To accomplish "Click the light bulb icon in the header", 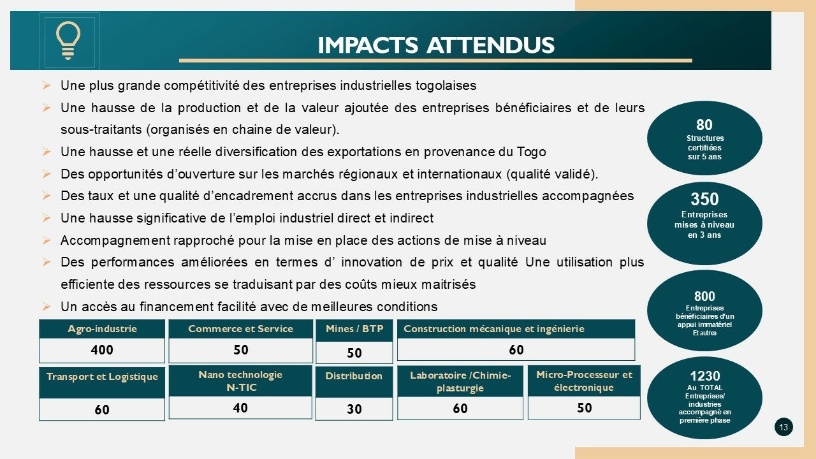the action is click(68, 40).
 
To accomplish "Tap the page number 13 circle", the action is click(783, 427).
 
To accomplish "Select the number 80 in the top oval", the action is click(704, 124).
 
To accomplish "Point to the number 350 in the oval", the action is click(704, 199).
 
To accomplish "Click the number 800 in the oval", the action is click(704, 296).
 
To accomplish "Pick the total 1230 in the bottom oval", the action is click(705, 375).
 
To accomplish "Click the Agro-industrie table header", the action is click(102, 329).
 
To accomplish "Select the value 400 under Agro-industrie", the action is click(102, 350).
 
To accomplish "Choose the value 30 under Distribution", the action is click(354, 409).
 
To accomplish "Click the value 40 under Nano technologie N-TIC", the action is click(240, 407).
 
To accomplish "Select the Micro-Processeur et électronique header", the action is click(584, 381).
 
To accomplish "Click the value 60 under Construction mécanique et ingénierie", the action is click(516, 350).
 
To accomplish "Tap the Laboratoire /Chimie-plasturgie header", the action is click(460, 381).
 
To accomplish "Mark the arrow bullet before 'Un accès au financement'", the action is click(47, 307).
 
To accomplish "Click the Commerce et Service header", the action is click(240, 329).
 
